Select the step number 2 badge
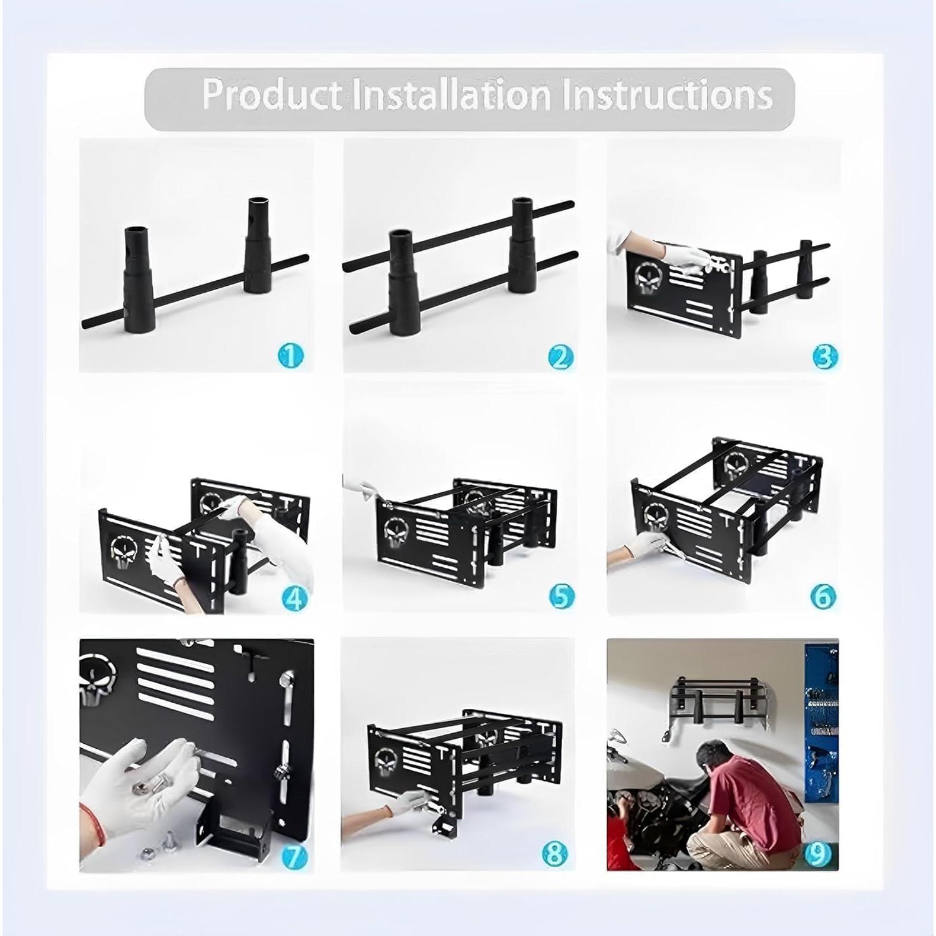pyautogui.click(x=560, y=357)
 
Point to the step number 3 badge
pyautogui.click(x=825, y=357)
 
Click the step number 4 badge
pyautogui.click(x=295, y=598)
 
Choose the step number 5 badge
pyautogui.click(x=562, y=596)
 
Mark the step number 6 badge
pyautogui.click(x=823, y=596)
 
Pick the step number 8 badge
pyautogui.click(x=555, y=854)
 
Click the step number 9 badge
pyautogui.click(x=817, y=856)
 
